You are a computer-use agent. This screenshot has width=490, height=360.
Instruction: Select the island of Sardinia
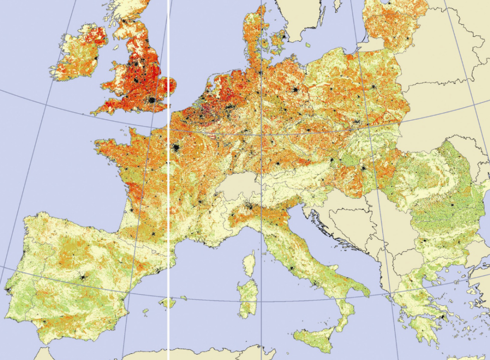(248, 298)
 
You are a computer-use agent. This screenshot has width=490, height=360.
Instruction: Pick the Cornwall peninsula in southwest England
(103, 110)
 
